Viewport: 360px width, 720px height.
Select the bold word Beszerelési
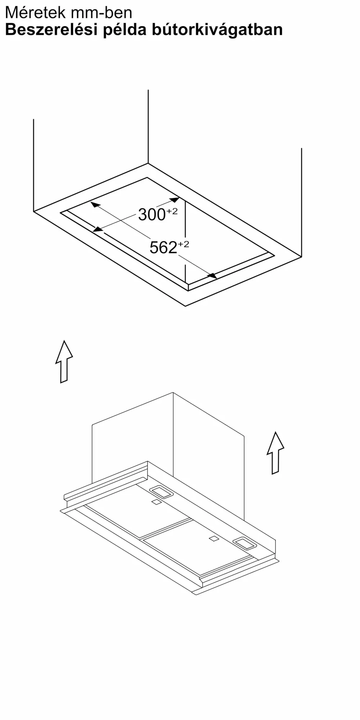(x=51, y=30)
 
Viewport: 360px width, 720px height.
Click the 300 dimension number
(x=152, y=215)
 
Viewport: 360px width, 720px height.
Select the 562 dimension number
(x=163, y=248)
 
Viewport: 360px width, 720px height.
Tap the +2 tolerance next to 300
(x=172, y=211)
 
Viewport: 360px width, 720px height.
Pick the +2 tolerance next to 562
(x=183, y=244)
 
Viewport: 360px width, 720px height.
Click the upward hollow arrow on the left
(x=64, y=361)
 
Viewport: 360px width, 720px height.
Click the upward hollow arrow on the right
(x=275, y=453)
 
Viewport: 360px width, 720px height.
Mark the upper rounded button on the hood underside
(x=161, y=492)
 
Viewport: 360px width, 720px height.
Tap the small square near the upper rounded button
(x=156, y=502)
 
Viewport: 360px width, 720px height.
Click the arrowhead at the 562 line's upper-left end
(x=95, y=204)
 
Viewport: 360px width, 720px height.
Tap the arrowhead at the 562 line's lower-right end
(x=212, y=275)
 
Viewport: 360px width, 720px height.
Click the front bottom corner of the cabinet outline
(x=185, y=306)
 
